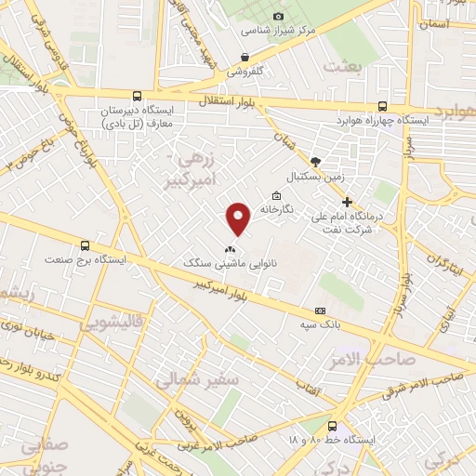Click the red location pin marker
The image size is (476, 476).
240,218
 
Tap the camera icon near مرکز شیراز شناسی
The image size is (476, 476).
279,16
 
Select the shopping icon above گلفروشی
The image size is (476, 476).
245,57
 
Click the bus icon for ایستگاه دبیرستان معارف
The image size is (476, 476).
138,95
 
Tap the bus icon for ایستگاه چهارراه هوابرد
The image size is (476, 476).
383,106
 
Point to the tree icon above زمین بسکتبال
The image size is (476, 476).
315,161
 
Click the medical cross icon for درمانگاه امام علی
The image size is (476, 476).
347,202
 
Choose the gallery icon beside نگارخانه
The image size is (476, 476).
276,195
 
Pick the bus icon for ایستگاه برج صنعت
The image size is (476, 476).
86,246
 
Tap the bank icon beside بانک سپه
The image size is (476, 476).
321,310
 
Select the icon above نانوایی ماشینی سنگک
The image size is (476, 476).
230,249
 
